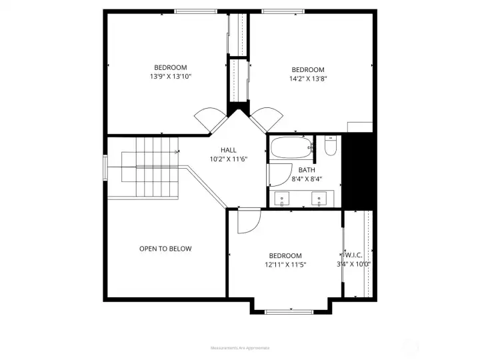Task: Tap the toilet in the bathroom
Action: coord(329,146)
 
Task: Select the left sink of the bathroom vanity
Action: coord(283,198)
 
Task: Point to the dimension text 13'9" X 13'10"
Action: coord(171,76)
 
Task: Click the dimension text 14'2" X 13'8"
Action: coord(307,79)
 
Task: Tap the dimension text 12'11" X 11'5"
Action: coord(285,265)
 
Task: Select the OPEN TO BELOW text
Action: coord(165,249)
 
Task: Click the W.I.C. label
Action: coord(354,255)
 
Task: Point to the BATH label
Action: coord(307,170)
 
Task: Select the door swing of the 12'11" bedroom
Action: coord(248,221)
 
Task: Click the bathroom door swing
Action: coord(275,175)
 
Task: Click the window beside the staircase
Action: coord(105,167)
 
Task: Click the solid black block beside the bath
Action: coord(356,170)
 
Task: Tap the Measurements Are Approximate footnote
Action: coord(239,348)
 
